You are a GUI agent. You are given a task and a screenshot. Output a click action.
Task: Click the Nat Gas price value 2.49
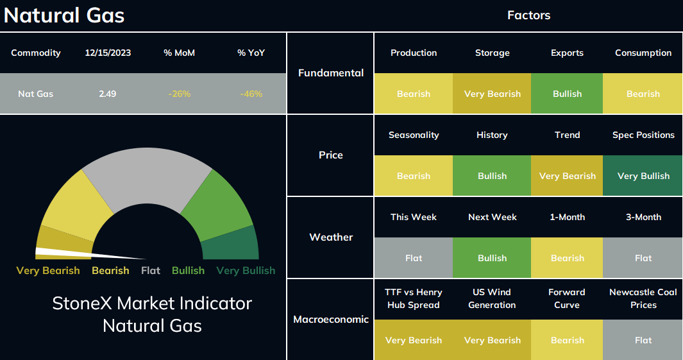pos(107,94)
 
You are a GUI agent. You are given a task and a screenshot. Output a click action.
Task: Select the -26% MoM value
pos(180,94)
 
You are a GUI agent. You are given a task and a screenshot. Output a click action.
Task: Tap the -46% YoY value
pos(251,94)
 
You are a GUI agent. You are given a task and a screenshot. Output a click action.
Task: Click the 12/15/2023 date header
pos(108,53)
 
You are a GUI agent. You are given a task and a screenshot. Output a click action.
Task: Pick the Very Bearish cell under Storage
pos(493,94)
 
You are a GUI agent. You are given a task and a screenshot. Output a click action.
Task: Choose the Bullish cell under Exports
pos(567,94)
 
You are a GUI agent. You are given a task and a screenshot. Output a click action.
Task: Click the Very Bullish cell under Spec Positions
pos(643,176)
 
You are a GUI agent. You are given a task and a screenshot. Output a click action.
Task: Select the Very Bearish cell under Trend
pos(567,176)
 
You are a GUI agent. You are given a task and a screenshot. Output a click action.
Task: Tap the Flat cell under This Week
pos(414,258)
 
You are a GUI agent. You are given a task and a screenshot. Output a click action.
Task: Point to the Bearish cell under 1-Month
pos(567,258)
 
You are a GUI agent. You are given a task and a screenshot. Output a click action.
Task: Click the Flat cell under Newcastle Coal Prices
pos(643,340)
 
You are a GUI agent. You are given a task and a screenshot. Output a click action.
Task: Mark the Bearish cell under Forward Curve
pos(567,340)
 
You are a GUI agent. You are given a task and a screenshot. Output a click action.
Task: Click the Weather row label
pos(331,237)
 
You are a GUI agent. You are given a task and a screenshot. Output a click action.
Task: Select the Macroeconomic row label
pos(331,320)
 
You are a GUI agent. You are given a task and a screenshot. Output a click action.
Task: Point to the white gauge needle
pos(90,253)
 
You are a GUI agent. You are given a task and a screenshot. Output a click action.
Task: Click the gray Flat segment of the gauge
pos(148,175)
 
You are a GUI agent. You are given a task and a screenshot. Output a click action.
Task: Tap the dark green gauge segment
pos(231,243)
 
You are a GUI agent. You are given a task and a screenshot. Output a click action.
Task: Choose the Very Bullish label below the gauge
pos(246,271)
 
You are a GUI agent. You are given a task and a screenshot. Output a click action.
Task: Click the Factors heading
pos(529,15)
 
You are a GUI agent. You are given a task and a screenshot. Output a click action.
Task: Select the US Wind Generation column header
pos(493,298)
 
